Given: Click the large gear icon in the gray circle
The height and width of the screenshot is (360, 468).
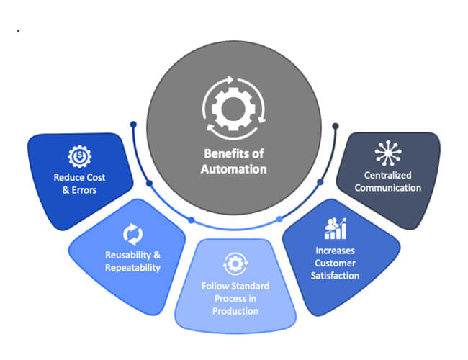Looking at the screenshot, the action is (x=234, y=108).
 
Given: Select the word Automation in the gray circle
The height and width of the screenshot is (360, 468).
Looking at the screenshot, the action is (x=234, y=169).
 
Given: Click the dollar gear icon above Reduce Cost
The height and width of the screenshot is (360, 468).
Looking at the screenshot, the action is (x=79, y=156).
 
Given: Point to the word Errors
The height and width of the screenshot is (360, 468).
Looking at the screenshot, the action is (x=84, y=190).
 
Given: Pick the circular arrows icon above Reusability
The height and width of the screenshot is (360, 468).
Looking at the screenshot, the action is (x=132, y=234).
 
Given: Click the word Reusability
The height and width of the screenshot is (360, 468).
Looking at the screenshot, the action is (x=128, y=255).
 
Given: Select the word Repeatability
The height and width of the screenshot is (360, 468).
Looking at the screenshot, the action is (x=132, y=268).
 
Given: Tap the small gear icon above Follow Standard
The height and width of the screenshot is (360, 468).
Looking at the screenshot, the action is (x=235, y=264).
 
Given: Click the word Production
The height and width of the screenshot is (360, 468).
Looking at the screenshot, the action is (x=235, y=311).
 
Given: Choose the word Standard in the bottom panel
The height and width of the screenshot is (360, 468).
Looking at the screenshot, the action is (x=249, y=287).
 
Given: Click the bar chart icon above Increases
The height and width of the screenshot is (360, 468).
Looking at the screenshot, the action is (x=336, y=228).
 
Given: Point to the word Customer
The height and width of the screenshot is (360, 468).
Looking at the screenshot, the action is (x=336, y=264).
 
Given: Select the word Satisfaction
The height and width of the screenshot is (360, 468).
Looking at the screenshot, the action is (x=335, y=276).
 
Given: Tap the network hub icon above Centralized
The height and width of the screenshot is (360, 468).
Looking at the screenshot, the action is (x=387, y=153).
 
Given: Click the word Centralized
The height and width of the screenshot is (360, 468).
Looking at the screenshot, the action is (x=387, y=175).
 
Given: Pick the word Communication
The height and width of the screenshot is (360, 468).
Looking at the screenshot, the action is (x=387, y=188).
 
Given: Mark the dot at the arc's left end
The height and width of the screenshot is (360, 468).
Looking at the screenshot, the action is (x=133, y=124).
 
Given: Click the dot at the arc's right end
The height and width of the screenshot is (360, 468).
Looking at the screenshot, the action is (x=336, y=126).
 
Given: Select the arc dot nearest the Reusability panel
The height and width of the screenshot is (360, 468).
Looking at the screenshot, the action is (x=192, y=220).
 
